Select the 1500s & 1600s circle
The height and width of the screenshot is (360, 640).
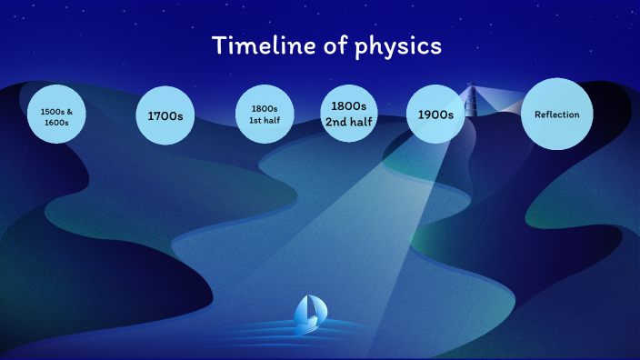55,115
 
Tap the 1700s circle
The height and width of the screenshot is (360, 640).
165,115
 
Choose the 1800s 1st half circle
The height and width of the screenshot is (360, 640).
265,115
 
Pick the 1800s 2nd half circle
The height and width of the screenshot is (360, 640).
349,115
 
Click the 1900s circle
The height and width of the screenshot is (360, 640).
435,115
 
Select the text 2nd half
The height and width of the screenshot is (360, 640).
349,124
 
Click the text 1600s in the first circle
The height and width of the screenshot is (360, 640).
55,122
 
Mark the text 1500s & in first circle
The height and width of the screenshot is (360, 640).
55,111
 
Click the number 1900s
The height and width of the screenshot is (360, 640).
435,115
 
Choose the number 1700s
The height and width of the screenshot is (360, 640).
165,116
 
